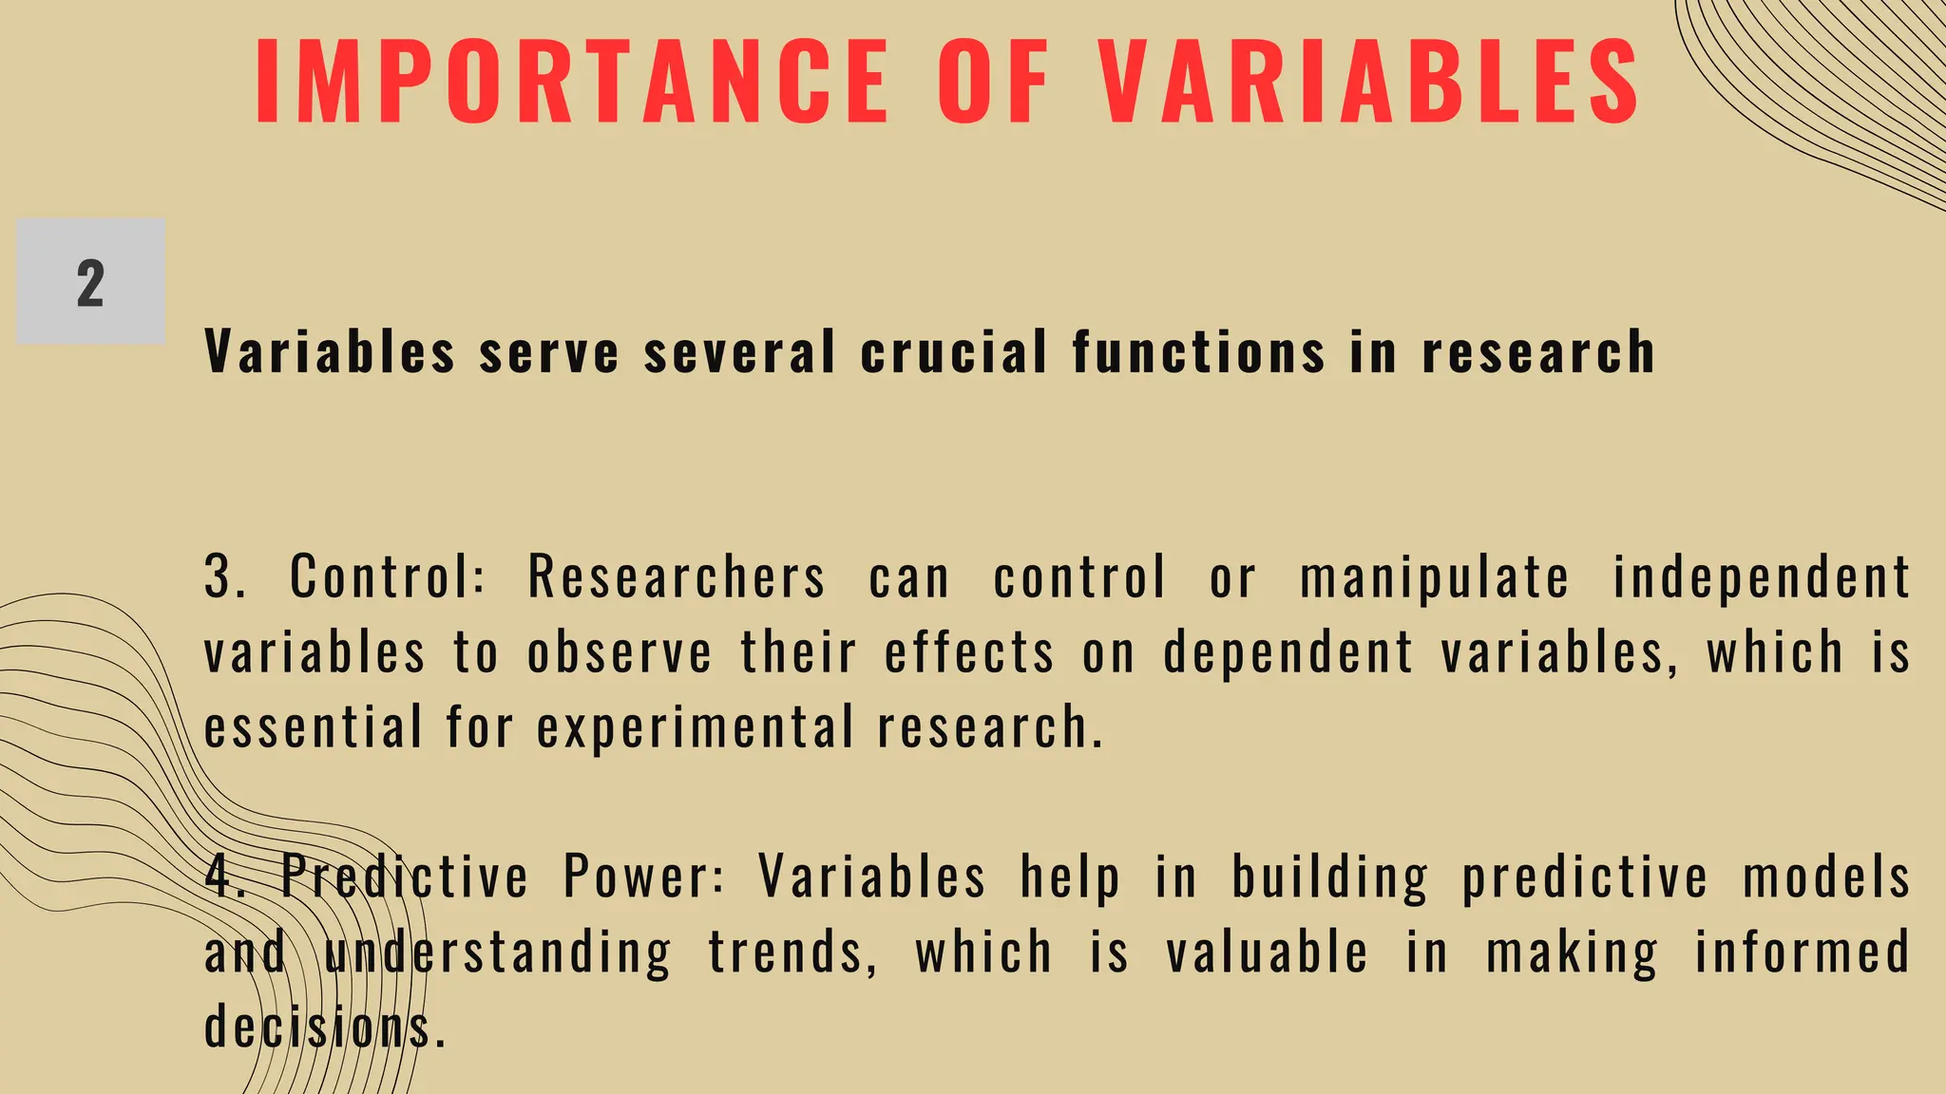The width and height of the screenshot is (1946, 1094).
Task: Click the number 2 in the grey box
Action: (90, 283)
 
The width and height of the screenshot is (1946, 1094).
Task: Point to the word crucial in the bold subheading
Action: (954, 352)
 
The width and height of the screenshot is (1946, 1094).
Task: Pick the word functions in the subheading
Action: (1198, 352)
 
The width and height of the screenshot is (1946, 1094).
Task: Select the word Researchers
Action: (677, 577)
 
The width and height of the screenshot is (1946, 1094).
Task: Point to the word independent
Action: (1762, 577)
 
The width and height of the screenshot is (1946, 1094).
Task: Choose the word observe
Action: (620, 653)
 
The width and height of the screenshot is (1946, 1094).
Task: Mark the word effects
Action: (969, 653)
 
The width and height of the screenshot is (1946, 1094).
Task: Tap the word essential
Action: (313, 727)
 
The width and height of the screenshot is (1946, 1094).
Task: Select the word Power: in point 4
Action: (644, 877)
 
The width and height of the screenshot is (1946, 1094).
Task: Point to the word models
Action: (1825, 877)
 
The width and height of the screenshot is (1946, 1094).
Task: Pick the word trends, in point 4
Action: (793, 953)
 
